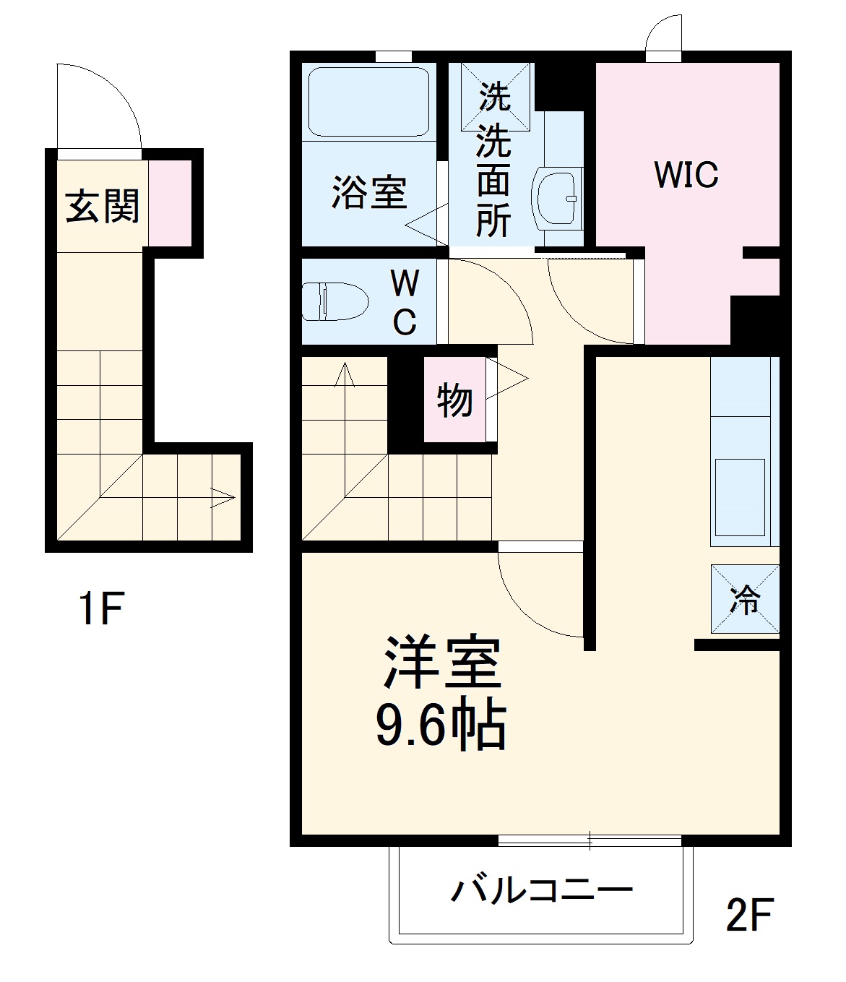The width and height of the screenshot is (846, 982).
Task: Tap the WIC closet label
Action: pos(686,174)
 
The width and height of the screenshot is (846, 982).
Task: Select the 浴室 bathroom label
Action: pos(369,193)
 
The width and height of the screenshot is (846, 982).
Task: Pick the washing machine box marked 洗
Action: pos(495,95)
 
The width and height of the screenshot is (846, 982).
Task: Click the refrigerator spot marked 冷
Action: pos(745,599)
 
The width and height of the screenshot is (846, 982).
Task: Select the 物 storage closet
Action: pos(454,400)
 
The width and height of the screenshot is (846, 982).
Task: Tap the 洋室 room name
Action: pos(442,663)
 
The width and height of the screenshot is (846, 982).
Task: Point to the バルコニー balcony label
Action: pos(541,890)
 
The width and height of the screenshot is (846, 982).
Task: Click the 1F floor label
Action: pos(102,608)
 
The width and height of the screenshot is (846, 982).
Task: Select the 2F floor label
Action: pos(749,915)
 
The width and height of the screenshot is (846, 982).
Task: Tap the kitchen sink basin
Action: pos(740,497)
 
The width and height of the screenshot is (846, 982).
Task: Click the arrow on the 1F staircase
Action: pos(223,497)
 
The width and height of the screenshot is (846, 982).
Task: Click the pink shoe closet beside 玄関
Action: pos(171,203)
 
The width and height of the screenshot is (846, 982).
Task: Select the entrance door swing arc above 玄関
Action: pos(101,101)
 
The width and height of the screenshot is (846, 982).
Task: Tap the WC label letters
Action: pos(405,301)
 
